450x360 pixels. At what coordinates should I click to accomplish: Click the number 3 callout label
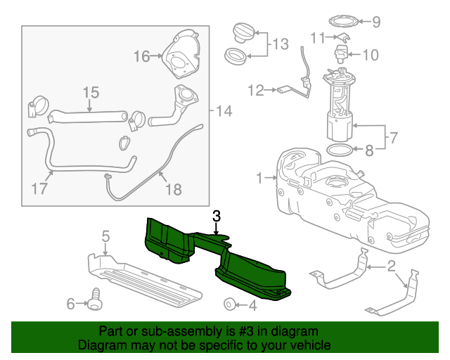coord(217,216)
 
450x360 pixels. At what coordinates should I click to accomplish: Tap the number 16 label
coord(141,56)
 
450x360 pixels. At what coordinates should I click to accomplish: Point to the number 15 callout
coord(91,92)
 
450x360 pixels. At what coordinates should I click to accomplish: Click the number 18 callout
coord(172,188)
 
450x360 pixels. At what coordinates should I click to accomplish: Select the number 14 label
coord(224,110)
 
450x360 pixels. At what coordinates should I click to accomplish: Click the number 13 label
coord(280,44)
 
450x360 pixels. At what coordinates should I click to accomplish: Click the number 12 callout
coord(255,89)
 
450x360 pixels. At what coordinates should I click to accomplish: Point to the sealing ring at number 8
coord(340,150)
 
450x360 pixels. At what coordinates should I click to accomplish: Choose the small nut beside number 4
coord(229,304)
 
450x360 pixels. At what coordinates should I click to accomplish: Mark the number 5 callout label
coord(105,236)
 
